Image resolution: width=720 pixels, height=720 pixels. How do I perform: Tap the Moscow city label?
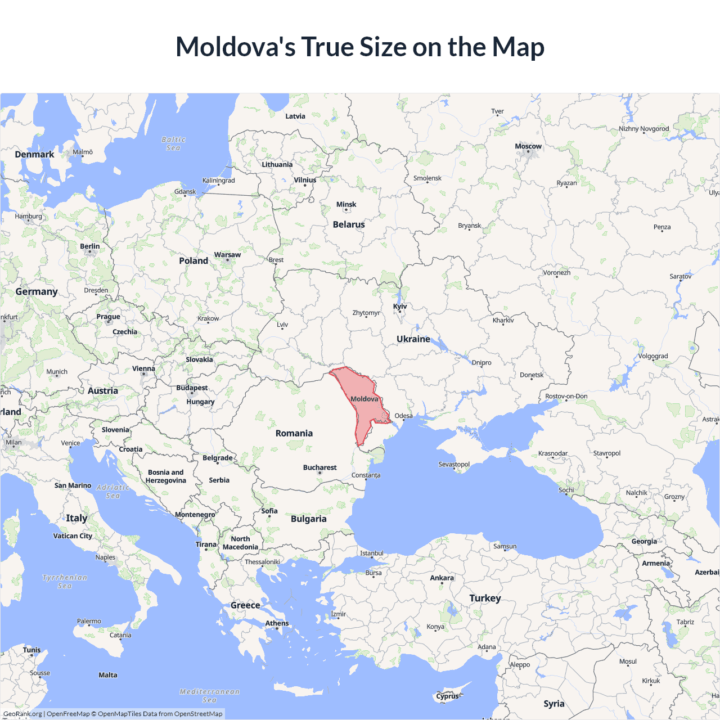[x=528, y=146]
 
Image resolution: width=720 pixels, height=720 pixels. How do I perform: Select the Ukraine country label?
[x=413, y=339]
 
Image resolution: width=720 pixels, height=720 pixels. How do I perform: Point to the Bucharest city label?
[x=319, y=467]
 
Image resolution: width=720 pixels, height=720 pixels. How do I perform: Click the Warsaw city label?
[x=227, y=255]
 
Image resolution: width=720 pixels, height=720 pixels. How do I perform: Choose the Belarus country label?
[x=349, y=224]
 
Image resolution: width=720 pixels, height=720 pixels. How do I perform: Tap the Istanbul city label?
[x=371, y=553]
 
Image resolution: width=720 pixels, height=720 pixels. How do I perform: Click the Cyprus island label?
[x=447, y=696]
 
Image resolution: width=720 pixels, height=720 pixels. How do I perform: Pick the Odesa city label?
[x=403, y=416]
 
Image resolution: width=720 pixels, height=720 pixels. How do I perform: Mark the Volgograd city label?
[x=652, y=356]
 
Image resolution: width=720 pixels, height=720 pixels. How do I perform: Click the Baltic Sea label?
[x=173, y=143]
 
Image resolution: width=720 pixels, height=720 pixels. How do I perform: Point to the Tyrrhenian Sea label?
[x=65, y=582]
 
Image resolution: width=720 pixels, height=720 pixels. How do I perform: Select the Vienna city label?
[x=143, y=369]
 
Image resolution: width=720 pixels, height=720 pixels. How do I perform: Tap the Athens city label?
[x=277, y=623]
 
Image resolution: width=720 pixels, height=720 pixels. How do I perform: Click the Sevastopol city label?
[x=454, y=464]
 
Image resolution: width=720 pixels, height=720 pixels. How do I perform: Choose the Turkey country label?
[x=485, y=598]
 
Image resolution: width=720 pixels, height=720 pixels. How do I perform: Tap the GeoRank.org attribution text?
[x=22, y=714]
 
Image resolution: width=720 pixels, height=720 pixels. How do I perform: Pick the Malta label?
[x=108, y=675]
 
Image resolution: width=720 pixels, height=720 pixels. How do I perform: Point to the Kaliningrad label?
[x=218, y=181]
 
